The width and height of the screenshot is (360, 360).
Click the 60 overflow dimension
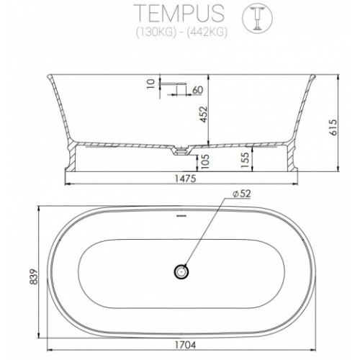197,89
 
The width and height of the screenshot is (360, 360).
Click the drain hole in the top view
180,271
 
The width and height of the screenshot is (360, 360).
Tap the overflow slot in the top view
180,215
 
